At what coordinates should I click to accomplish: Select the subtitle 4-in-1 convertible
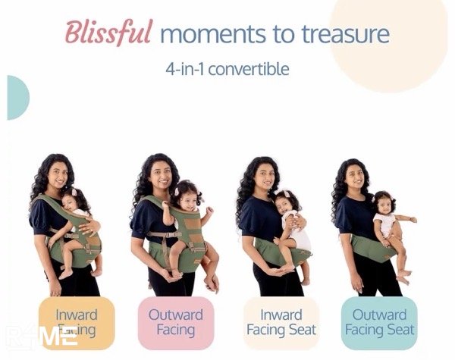227,68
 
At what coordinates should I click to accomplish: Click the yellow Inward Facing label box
77,322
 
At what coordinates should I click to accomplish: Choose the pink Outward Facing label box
176,322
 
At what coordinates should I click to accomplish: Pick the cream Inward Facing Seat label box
280,322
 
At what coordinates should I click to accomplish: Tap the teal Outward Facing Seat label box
379,322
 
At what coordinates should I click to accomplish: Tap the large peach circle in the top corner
387,38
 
